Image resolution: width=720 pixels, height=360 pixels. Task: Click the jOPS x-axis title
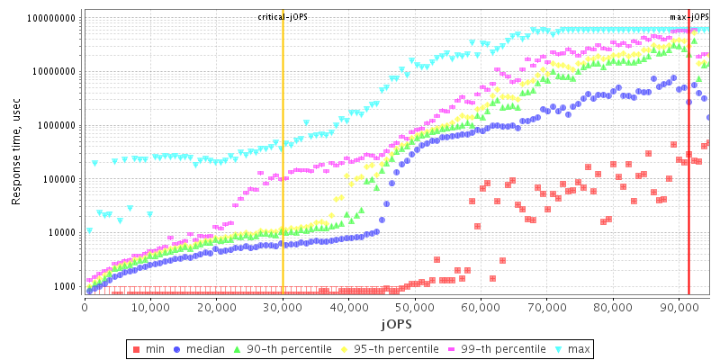coord(396,321)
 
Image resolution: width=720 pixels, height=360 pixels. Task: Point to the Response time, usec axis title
coord(16,153)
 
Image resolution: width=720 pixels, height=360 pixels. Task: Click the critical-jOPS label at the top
coord(283,17)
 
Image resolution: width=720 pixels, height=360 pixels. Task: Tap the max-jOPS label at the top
coord(689,17)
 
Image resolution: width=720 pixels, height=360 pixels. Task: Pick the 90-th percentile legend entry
coord(288,348)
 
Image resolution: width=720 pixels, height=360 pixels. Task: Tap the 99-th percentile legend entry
coord(500,348)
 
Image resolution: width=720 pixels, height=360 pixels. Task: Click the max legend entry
coord(579,348)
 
